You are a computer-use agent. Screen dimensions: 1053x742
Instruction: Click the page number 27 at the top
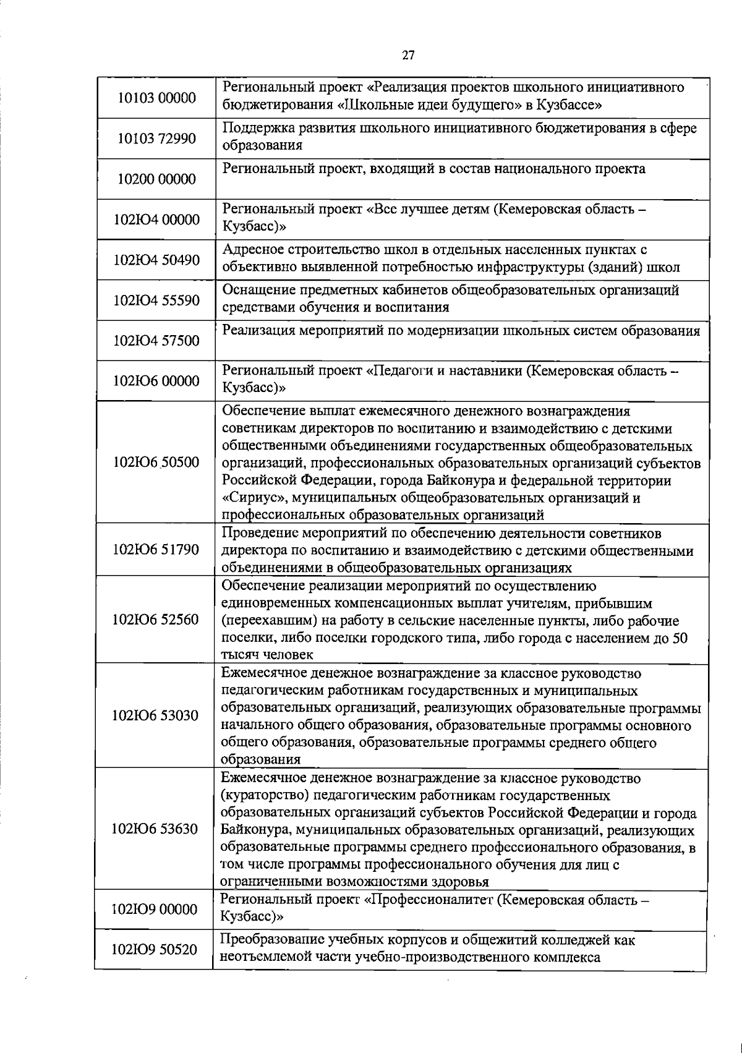(x=408, y=55)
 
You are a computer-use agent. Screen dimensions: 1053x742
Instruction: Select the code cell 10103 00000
(x=156, y=98)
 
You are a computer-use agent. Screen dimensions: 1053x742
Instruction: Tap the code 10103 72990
(x=156, y=138)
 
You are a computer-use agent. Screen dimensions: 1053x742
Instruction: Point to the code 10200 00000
(x=156, y=179)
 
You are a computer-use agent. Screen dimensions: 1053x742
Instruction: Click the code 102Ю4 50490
(x=156, y=260)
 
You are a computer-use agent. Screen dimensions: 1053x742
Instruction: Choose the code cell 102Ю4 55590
(x=156, y=301)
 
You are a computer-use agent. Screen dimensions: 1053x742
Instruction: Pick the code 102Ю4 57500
(x=156, y=341)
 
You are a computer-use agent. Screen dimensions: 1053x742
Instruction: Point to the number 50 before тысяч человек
(x=680, y=638)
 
